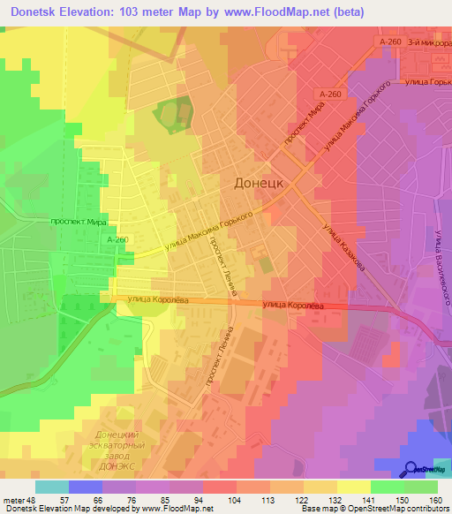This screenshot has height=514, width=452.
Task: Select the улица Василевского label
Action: (x=441, y=266)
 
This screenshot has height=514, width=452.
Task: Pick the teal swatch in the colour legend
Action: (x=52, y=487)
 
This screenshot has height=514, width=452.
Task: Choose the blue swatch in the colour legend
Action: (x=86, y=487)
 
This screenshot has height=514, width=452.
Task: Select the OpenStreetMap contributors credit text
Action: (x=402, y=509)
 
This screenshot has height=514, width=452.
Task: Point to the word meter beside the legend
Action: (x=14, y=500)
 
